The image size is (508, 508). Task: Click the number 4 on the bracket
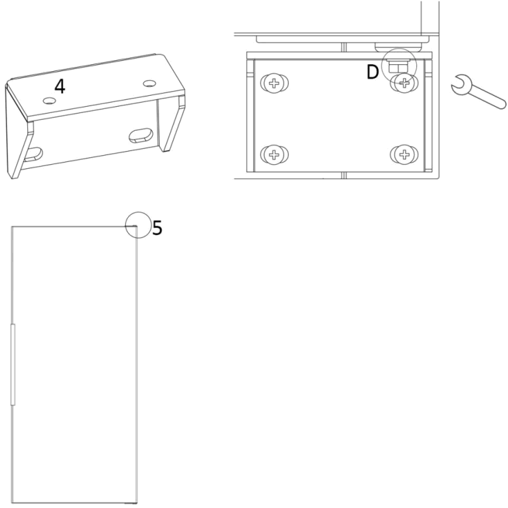60,87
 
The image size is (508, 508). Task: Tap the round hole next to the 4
48,101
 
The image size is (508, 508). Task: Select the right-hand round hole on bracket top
150,84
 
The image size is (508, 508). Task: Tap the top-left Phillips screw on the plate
274,84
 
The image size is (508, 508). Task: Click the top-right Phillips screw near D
405,84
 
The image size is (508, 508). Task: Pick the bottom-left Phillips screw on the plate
274,154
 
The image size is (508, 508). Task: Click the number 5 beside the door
157,228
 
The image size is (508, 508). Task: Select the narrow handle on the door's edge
13,366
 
